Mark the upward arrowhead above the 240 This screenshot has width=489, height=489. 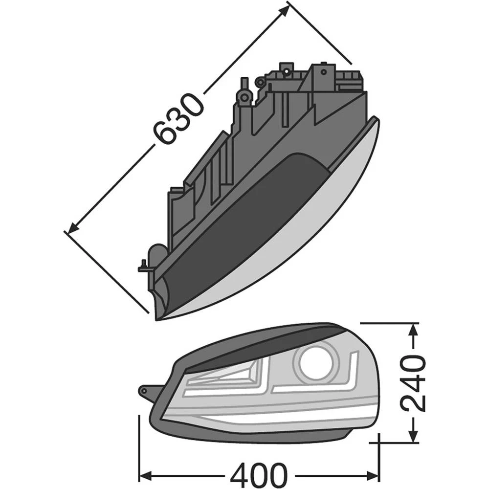click(414, 332)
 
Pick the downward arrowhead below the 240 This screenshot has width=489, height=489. click(414, 436)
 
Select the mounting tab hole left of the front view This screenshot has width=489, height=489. click(144, 391)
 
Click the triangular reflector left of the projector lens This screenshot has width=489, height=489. click(230, 377)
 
